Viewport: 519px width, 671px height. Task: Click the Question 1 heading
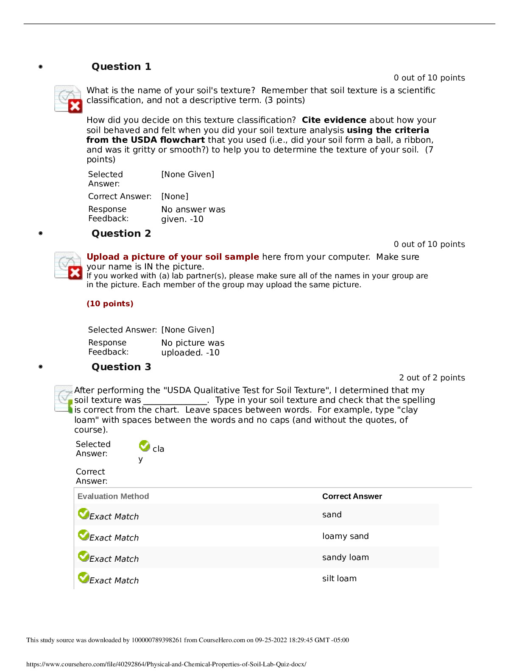(121, 67)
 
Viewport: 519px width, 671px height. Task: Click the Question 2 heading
(121, 233)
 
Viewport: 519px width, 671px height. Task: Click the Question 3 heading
(121, 367)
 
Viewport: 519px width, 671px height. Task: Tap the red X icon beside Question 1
(75, 106)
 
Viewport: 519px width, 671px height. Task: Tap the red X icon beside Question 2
(75, 273)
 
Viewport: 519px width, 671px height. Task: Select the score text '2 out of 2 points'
(432, 378)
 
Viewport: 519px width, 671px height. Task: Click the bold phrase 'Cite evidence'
(334, 120)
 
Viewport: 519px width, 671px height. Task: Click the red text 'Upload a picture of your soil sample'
(173, 257)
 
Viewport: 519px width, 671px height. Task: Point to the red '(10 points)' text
(110, 304)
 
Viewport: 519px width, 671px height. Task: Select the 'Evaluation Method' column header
(113, 496)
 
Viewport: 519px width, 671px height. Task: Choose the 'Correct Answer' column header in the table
(352, 496)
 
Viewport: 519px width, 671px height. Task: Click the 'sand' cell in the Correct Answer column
(332, 515)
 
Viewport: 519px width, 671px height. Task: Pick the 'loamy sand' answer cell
(345, 536)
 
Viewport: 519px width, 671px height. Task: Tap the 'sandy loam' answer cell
(345, 557)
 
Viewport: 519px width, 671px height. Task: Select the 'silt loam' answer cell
(339, 579)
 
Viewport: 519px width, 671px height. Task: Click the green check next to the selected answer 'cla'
(145, 446)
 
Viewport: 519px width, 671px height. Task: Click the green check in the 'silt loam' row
(84, 577)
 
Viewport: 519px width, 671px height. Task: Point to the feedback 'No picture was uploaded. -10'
(193, 348)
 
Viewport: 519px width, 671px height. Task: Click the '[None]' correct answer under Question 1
(175, 197)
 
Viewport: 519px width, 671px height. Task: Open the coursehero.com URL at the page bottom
(166, 664)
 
